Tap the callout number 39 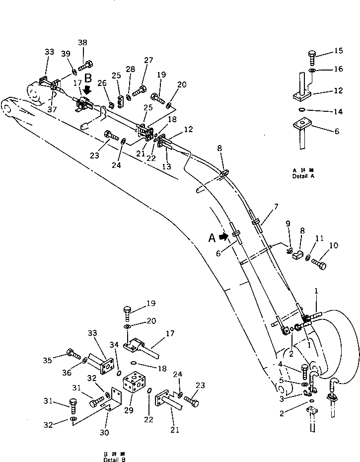[66, 54]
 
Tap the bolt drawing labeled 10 [318, 263]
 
